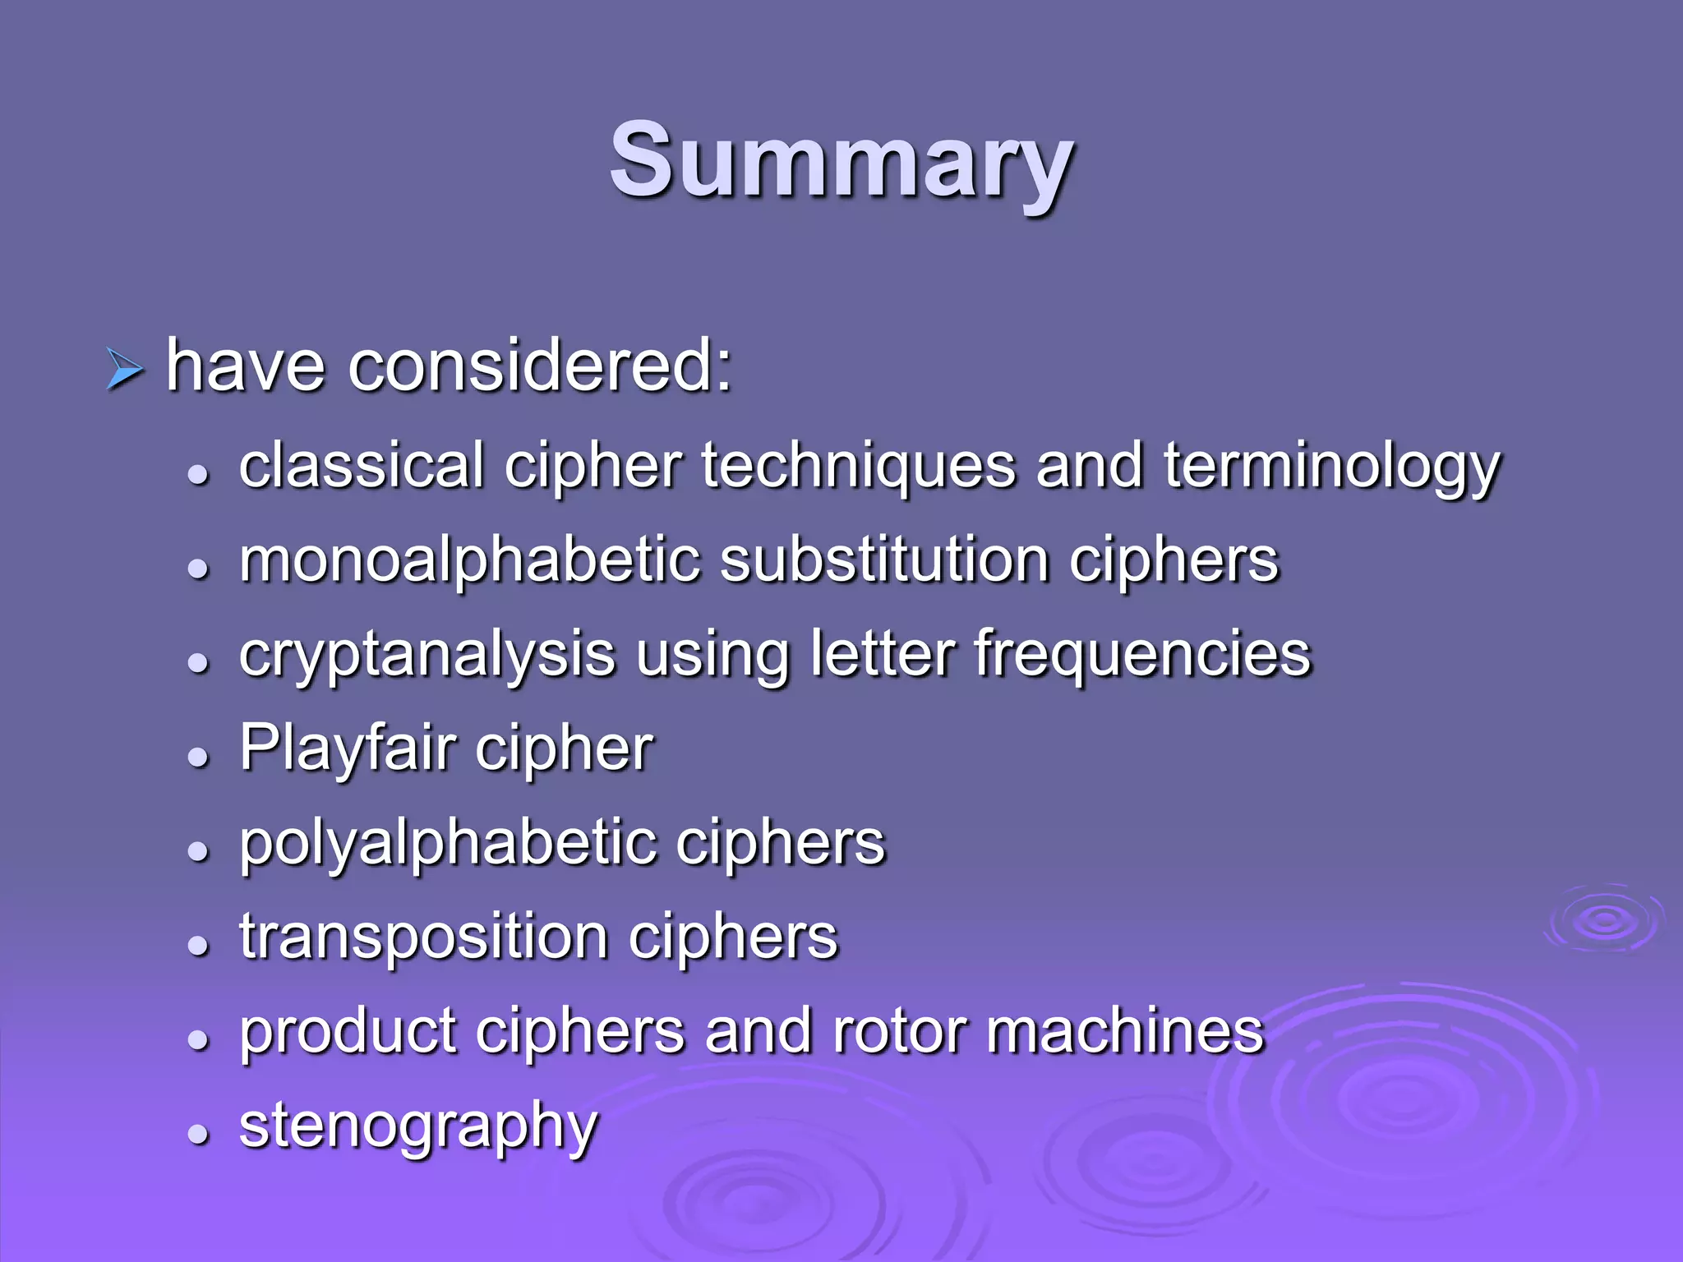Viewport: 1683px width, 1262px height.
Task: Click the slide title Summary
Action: [x=841, y=162]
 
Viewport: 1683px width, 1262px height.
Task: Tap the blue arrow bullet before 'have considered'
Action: [x=124, y=369]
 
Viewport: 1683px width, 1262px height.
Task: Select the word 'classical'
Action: [x=362, y=465]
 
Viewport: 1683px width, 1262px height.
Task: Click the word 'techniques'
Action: [x=859, y=467]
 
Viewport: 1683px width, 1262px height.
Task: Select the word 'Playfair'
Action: [x=348, y=749]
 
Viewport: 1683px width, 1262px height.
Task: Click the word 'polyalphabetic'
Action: [x=448, y=845]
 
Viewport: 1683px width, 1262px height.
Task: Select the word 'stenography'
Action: [x=418, y=1128]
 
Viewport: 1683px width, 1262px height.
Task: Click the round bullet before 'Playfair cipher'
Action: [x=197, y=757]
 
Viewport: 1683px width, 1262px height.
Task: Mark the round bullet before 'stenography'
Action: [x=197, y=1135]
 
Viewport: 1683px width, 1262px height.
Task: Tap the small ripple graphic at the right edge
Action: [x=1602, y=920]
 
